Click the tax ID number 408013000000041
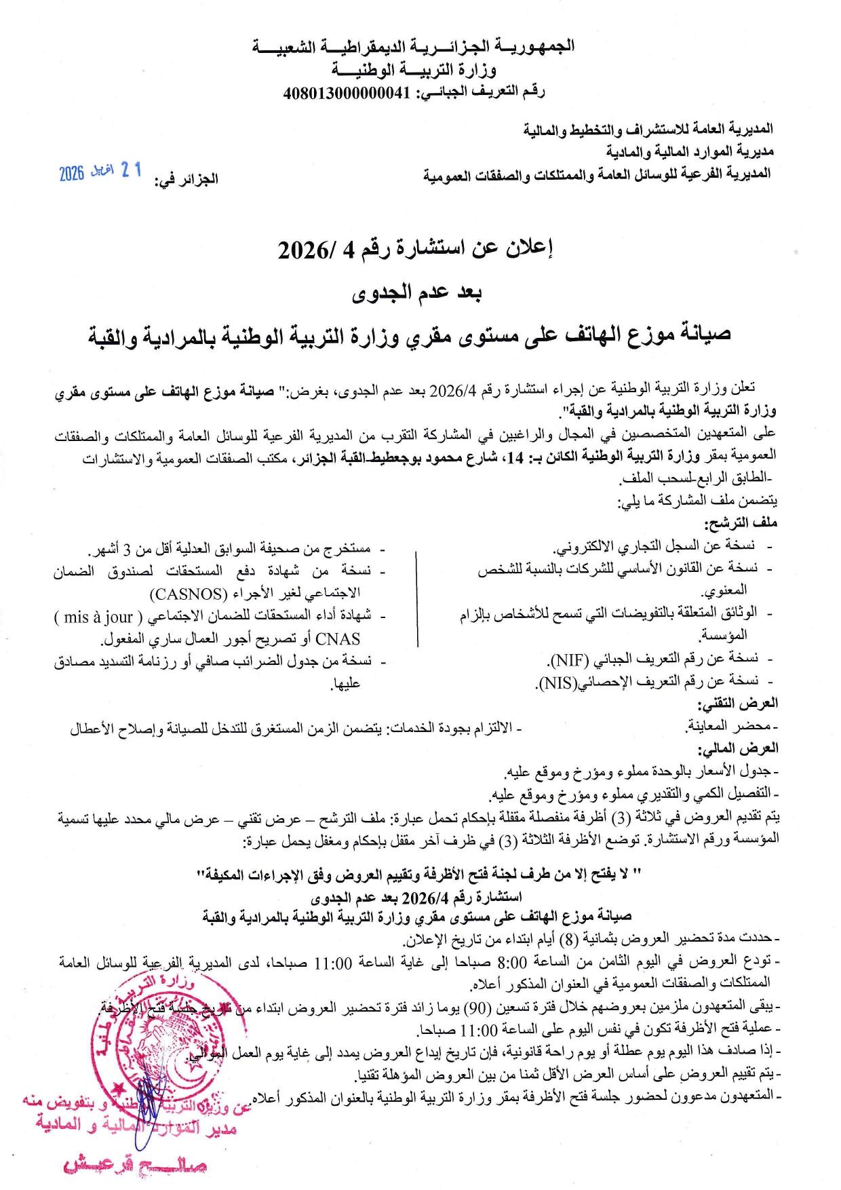pos(346,93)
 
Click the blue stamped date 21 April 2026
pos(100,172)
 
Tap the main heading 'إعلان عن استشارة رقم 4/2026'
pos(416,251)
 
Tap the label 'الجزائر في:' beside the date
pos(186,180)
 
